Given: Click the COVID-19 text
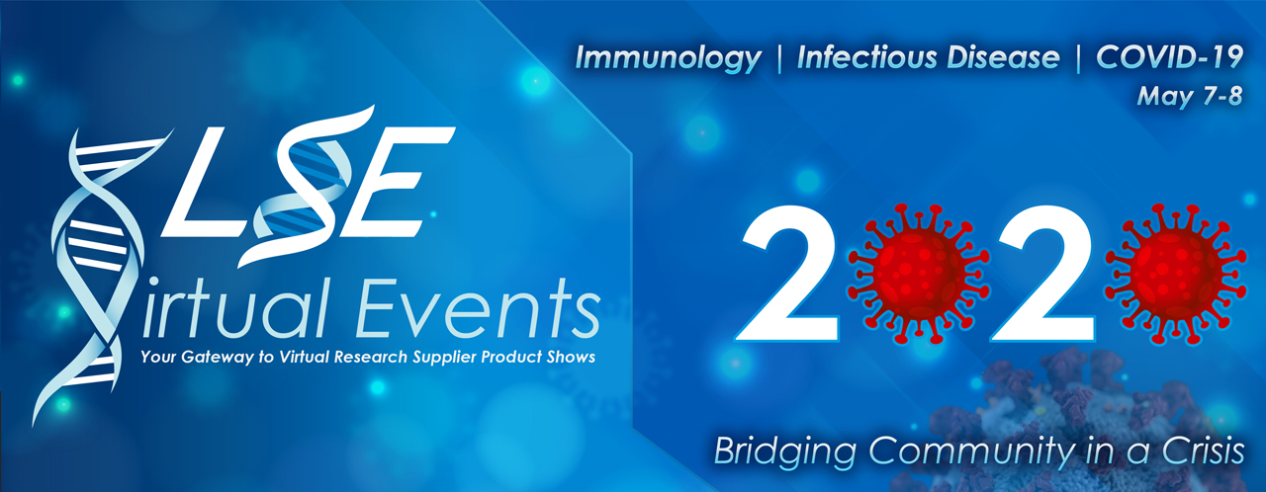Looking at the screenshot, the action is pyautogui.click(x=1169, y=57).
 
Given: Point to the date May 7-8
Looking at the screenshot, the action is pyautogui.click(x=1190, y=97).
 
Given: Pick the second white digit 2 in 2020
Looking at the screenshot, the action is pyautogui.click(x=1044, y=274).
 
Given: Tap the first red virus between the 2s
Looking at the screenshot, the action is pyautogui.click(x=919, y=274).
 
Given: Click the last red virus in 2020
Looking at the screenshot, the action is pyautogui.click(x=1176, y=274).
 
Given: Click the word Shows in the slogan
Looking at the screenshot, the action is pyautogui.click(x=571, y=357).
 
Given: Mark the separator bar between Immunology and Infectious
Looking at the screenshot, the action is pyautogui.click(x=779, y=58).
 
